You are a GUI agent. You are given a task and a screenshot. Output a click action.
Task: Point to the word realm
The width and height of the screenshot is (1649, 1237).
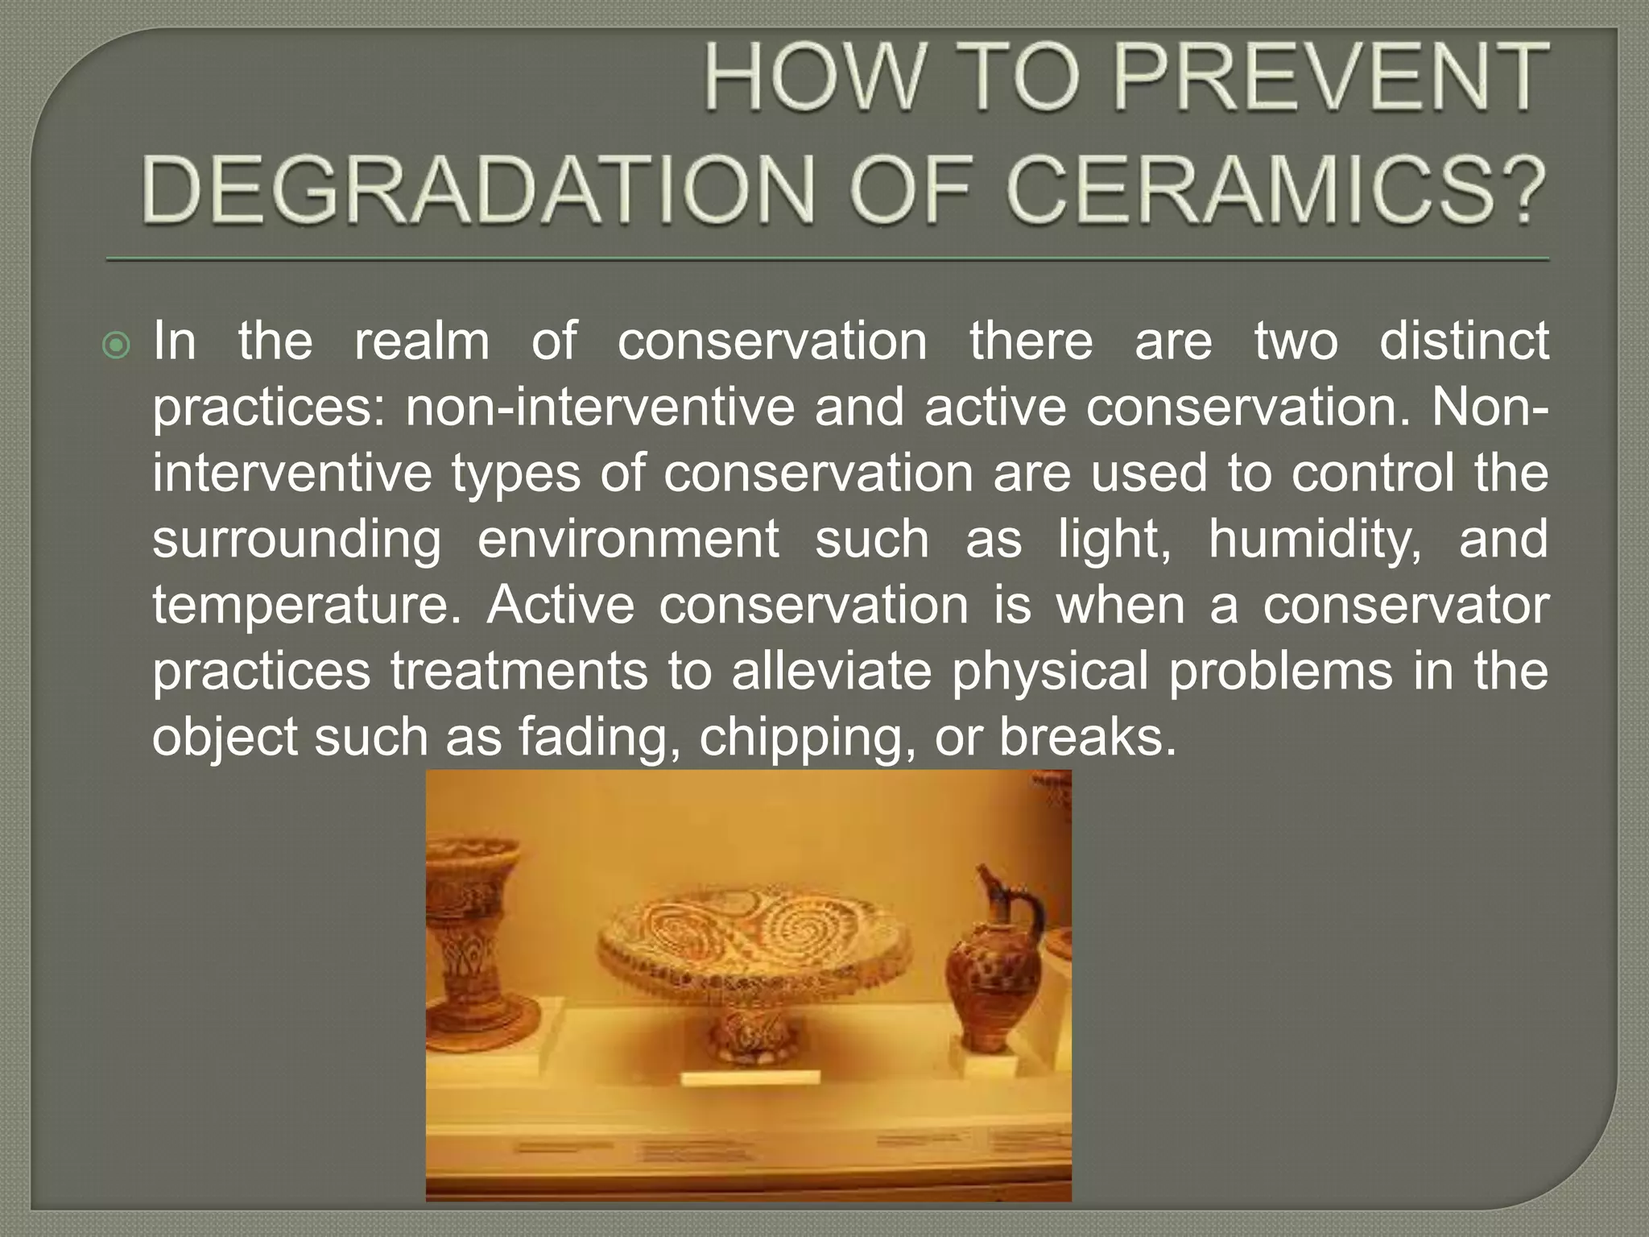click(422, 341)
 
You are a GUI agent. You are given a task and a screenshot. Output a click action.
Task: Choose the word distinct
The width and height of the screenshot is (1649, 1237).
click(1464, 341)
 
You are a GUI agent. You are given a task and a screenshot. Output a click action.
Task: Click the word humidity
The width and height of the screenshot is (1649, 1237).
click(1314, 540)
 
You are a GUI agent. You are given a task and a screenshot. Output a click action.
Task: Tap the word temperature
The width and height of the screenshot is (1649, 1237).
click(308, 606)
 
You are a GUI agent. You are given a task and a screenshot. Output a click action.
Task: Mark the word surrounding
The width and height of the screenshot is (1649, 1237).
click(297, 540)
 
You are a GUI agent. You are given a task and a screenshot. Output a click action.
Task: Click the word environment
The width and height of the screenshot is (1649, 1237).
click(628, 540)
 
